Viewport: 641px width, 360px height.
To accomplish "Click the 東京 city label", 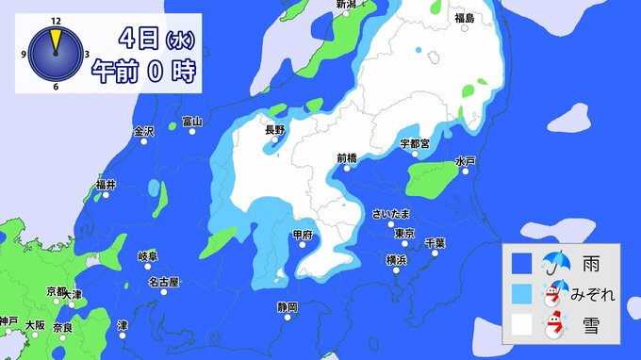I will coord(405,234).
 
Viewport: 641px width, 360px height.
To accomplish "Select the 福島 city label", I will coord(464,18).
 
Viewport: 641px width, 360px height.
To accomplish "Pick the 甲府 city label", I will coord(302,234).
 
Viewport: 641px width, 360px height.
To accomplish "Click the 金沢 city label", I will coord(143,131).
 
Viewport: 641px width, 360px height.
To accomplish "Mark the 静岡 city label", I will coord(288,307).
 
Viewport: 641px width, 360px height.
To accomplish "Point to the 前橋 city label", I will coord(346,158).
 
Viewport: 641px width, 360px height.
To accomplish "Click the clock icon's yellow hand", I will coord(56,41).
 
